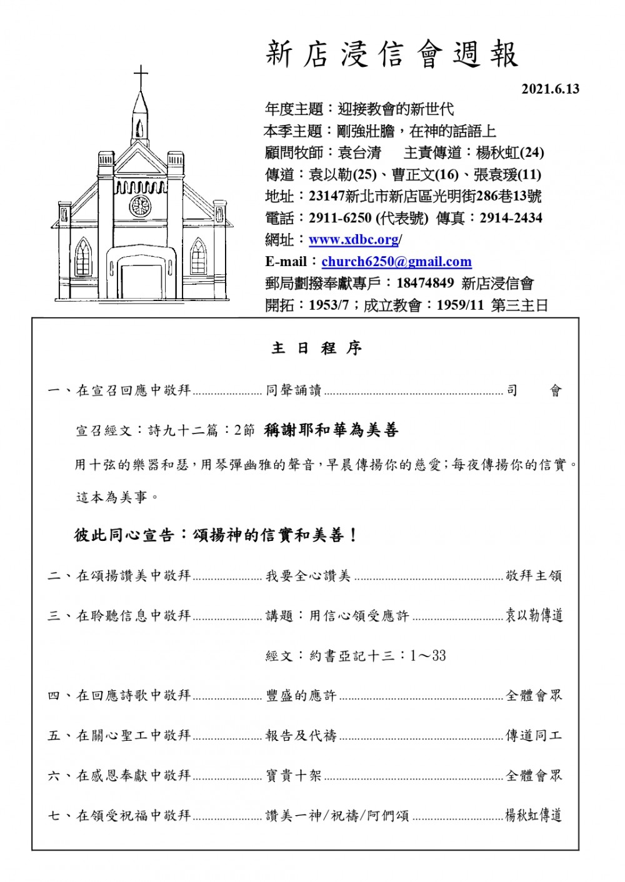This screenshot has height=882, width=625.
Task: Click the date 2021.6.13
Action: (x=550, y=89)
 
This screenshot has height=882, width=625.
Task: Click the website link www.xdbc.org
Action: (x=354, y=240)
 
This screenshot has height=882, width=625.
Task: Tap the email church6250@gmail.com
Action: (x=396, y=262)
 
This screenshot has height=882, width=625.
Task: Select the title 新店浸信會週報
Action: (x=392, y=54)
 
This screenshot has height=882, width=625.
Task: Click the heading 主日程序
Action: (x=316, y=349)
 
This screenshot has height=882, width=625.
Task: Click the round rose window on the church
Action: (x=140, y=206)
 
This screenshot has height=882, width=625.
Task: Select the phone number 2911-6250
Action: (x=341, y=218)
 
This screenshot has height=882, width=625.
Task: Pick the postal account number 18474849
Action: (x=425, y=284)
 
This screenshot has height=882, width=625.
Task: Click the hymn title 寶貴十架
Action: (x=293, y=775)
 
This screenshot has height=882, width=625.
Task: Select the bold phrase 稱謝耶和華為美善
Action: (x=331, y=430)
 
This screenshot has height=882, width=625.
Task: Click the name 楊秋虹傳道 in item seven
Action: (x=533, y=815)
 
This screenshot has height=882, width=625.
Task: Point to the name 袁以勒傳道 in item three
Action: (x=534, y=615)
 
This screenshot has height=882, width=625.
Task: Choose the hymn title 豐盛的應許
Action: (x=301, y=695)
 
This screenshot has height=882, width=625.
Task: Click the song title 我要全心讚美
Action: (x=308, y=575)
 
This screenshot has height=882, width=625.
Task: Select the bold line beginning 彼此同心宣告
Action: (x=216, y=535)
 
